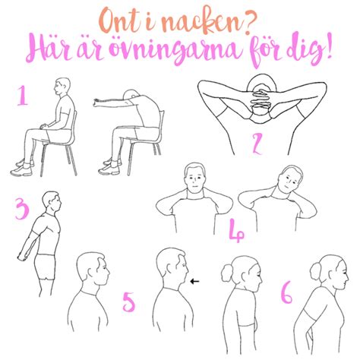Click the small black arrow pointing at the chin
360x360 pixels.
(x=196, y=281)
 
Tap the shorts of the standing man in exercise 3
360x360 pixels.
(x=47, y=264)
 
